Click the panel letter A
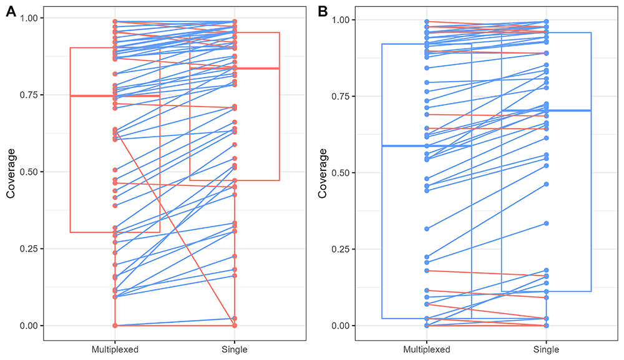click(11, 11)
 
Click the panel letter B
click(323, 11)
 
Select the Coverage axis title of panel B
click(323, 173)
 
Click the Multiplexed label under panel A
click(115, 350)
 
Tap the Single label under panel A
click(235, 350)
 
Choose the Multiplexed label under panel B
click(426, 350)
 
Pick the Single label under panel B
click(547, 350)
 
